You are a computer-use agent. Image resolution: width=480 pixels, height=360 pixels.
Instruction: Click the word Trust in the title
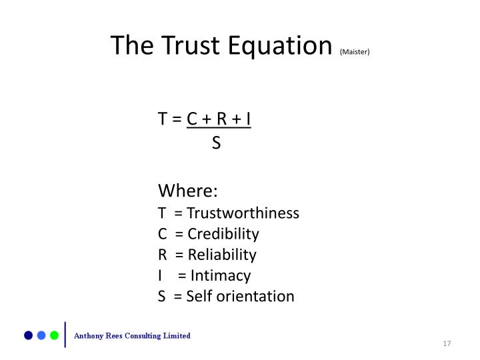191,45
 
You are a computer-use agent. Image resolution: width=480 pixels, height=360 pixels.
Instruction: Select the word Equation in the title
280,46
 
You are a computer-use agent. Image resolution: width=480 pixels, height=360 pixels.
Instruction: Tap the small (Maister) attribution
355,52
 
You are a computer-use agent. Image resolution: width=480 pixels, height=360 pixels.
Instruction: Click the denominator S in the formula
216,143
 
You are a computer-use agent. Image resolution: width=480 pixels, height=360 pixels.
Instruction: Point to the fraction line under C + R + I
219,127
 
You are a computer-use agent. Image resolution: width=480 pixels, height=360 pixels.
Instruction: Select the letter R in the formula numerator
221,119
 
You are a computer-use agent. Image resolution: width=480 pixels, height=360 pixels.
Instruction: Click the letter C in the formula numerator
192,119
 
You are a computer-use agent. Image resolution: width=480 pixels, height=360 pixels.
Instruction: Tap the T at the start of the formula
163,119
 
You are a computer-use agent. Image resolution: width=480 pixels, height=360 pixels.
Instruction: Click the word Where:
187,191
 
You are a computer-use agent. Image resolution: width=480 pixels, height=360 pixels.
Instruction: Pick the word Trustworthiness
243,213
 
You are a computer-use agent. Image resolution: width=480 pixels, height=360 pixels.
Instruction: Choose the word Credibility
223,234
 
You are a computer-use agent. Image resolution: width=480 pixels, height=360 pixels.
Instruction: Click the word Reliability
222,255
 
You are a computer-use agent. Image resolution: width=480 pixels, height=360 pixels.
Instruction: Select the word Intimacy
221,275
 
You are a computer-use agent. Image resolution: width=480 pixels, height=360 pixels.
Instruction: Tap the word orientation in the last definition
259,296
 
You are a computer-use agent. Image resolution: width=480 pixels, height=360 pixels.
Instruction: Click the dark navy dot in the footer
29,335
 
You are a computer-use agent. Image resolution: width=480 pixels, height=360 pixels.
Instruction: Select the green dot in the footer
54,335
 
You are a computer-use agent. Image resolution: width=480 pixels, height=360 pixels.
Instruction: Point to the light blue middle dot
41,335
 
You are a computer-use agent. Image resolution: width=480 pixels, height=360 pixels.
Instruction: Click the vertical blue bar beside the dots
65,335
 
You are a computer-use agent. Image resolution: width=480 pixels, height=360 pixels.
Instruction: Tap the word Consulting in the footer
143,336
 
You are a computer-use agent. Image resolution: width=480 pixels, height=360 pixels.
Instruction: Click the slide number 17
447,343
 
